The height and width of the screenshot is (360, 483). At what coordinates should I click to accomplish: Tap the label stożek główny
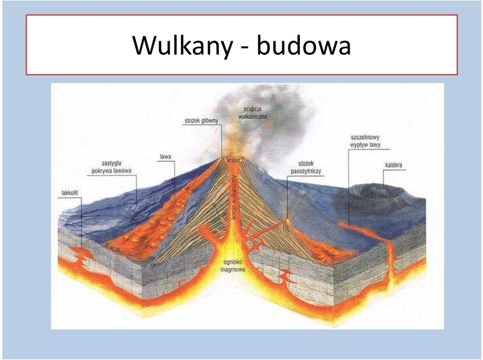pos(201,121)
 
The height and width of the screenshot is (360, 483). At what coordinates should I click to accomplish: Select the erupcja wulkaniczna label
pos(253,113)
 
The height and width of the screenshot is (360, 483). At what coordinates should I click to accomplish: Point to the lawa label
pos(166,157)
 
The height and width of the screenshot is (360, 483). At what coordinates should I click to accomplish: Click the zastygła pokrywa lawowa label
pos(112,167)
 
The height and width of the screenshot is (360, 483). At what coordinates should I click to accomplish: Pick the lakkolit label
pos(69,193)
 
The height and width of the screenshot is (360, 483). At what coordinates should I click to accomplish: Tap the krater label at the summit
pos(234,160)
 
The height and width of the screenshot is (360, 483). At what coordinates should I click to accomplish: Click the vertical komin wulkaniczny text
pos(234,198)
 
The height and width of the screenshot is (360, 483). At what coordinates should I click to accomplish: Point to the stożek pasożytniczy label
pos(306,167)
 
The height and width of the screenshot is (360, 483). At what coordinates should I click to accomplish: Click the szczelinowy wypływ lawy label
pos(365,141)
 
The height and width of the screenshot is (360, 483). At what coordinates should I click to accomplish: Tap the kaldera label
pos(393,165)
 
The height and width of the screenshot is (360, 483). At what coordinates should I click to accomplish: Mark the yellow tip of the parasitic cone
pos(288,221)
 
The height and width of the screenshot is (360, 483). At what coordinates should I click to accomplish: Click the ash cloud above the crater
pos(262,123)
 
